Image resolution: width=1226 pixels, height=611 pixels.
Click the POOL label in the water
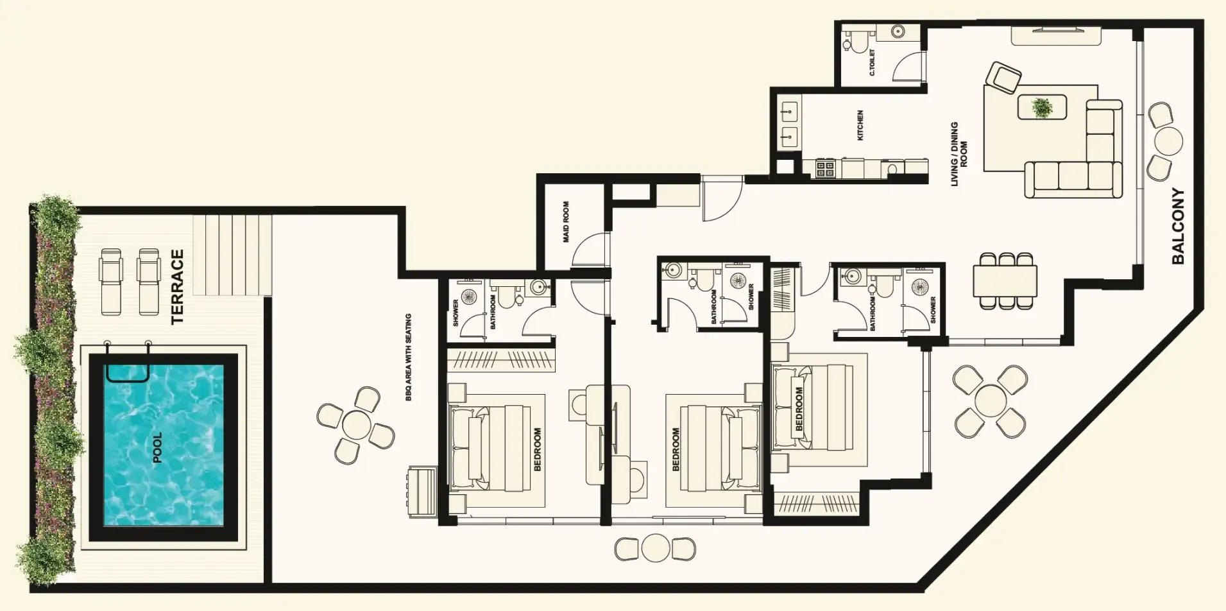click(157, 447)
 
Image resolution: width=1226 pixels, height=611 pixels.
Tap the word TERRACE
click(178, 287)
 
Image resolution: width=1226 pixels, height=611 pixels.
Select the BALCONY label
click(1178, 226)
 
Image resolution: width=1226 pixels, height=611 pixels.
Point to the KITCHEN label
click(860, 125)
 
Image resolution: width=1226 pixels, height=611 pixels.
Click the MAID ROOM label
click(566, 222)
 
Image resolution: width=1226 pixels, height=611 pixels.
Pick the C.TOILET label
click(872, 63)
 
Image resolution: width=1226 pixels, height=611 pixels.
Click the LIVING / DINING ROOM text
click(958, 154)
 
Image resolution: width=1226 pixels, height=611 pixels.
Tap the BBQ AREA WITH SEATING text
click(408, 357)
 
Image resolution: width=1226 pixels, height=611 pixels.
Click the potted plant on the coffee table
click(1042, 107)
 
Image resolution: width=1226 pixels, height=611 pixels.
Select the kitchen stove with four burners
click(825, 169)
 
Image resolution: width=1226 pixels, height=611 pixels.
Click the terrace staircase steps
click(232, 255)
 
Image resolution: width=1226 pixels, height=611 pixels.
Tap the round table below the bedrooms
click(655, 549)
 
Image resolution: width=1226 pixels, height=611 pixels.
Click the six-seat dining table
click(1005, 280)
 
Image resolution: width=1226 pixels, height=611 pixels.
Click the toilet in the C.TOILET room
click(856, 42)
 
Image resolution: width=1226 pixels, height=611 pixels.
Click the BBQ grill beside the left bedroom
click(421, 492)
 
